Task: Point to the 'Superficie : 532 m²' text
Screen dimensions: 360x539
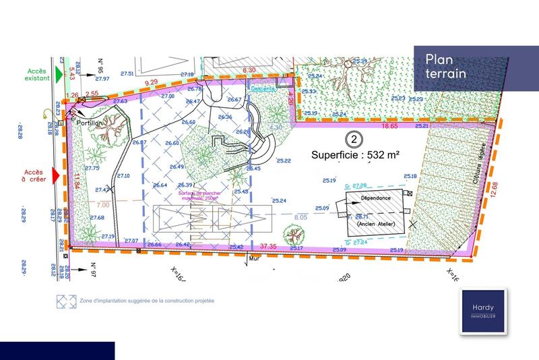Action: (355, 154)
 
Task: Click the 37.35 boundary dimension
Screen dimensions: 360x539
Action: (269, 247)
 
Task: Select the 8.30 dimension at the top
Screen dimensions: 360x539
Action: (249, 69)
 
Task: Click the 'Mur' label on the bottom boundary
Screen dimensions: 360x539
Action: (254, 258)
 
